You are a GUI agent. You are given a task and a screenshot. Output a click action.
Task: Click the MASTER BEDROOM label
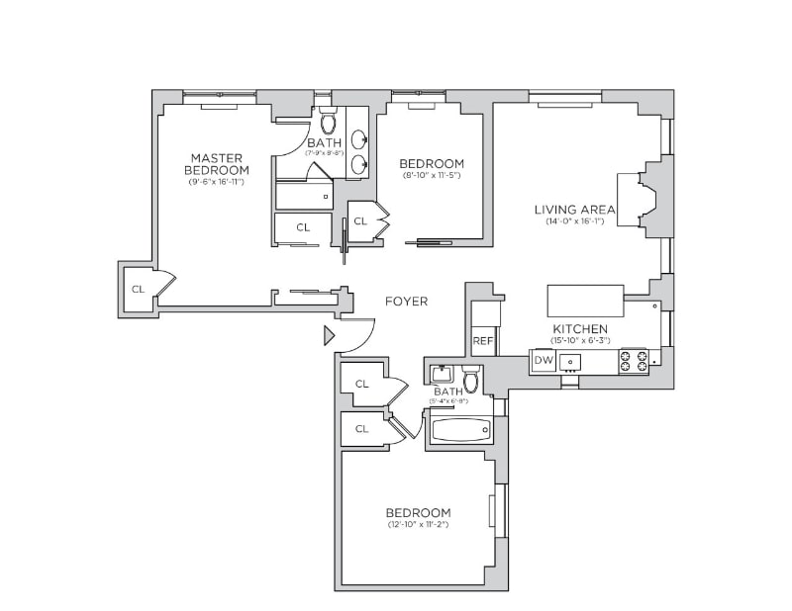217,164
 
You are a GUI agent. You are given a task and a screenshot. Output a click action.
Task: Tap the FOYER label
406,302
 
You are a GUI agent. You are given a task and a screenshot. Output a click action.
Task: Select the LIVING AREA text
574,210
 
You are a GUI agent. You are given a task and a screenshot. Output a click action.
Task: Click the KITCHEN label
580,328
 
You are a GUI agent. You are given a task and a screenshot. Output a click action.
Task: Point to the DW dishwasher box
543,361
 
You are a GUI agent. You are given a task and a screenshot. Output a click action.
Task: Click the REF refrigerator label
483,341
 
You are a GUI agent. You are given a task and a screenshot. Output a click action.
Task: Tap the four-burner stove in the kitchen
634,361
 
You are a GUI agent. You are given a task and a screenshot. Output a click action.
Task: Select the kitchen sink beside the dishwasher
571,362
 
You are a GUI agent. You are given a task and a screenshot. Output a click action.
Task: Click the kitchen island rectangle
585,300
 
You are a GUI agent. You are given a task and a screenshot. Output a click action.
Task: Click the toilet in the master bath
328,123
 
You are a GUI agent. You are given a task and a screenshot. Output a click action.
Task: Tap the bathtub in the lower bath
460,430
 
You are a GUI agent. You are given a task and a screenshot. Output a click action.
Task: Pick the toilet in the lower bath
471,380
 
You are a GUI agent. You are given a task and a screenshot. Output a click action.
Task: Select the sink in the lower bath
442,375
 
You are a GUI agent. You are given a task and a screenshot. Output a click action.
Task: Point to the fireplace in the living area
643,201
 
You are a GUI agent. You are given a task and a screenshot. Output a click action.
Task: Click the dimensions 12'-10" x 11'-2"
418,524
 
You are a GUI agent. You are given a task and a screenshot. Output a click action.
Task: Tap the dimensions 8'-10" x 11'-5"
431,175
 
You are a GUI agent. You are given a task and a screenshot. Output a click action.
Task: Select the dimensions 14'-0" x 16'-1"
574,221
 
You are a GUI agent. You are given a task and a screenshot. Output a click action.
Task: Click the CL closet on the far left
138,289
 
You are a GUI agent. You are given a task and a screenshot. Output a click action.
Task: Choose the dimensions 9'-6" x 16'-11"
218,182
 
